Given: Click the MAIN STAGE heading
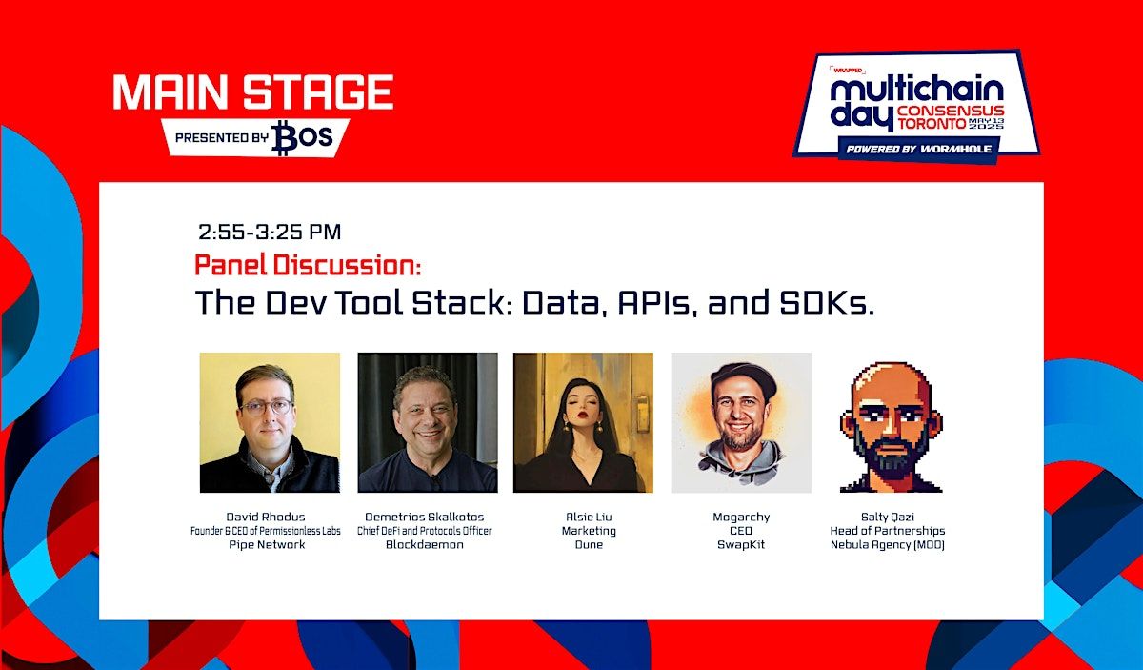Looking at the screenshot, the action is (x=253, y=91).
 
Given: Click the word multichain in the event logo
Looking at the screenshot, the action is (x=916, y=90).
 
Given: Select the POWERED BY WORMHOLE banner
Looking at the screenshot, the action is (x=919, y=149).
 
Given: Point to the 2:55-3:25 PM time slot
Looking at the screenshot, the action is (x=270, y=233).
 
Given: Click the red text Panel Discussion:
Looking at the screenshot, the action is (x=308, y=265).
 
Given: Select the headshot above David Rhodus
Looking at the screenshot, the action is (x=270, y=423).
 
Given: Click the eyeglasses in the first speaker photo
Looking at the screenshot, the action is (x=267, y=408).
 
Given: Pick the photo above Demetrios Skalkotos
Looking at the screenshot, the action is (x=428, y=423).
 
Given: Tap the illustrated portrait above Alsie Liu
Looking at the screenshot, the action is (x=583, y=423).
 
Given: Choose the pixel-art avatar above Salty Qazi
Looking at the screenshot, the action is (x=891, y=427).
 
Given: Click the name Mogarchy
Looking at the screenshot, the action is (x=741, y=517).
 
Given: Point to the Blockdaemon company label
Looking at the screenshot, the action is (x=425, y=545).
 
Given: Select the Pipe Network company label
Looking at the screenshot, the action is (x=267, y=545).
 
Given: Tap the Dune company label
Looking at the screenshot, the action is (x=589, y=545).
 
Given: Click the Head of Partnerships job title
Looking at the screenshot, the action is (x=888, y=531).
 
